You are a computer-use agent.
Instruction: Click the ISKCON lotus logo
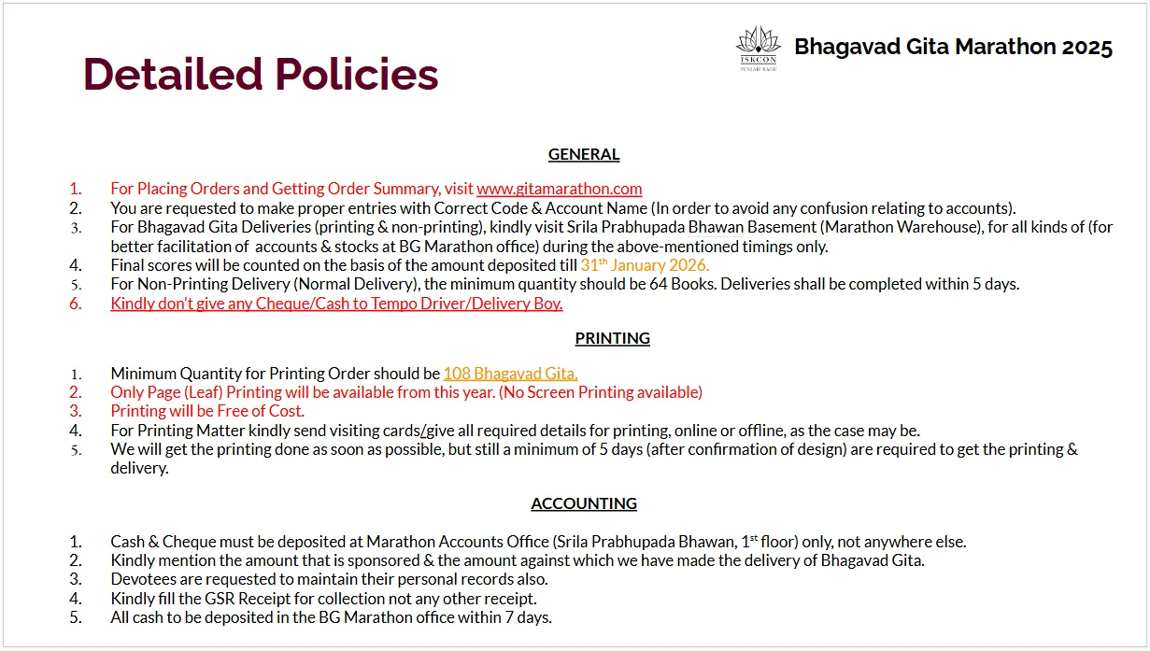[759, 48]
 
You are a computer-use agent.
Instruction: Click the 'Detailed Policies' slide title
[261, 74]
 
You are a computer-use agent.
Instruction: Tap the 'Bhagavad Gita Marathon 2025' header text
[953, 47]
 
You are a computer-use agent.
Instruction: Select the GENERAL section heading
[584, 154]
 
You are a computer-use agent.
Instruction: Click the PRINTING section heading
[612, 338]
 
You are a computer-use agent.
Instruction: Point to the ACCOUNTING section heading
[584, 503]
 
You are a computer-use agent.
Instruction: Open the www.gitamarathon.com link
[560, 189]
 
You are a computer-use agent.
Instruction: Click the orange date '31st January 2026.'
[645, 265]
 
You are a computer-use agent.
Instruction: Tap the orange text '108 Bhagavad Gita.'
[510, 374]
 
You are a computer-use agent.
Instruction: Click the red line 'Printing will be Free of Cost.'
[207, 411]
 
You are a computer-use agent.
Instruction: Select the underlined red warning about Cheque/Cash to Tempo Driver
[336, 304]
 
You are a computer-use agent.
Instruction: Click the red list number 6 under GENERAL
[76, 304]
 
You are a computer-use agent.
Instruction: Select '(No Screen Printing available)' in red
[601, 392]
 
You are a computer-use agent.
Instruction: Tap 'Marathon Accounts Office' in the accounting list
[457, 542]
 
